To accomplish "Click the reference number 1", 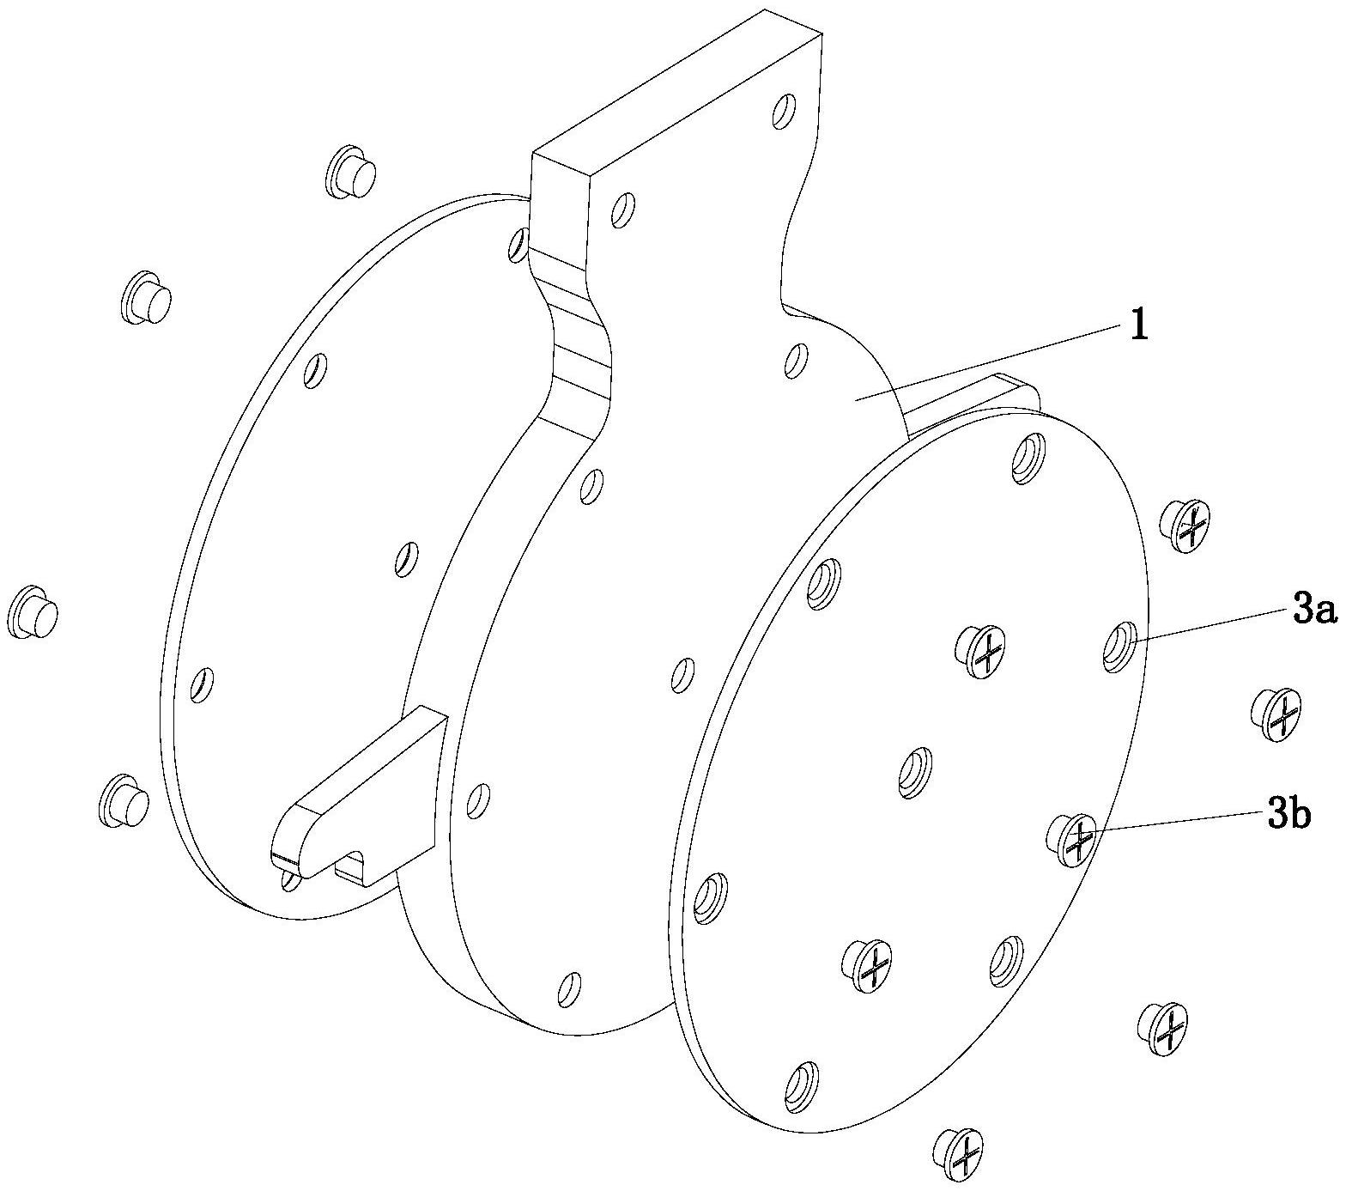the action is (x=1138, y=326).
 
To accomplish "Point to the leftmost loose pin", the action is (x=35, y=612).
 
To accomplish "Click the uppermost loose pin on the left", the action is (x=352, y=171).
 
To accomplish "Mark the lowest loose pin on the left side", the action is (x=125, y=799).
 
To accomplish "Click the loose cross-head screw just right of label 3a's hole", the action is (x=1276, y=713).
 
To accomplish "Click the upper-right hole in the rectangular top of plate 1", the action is (x=783, y=112).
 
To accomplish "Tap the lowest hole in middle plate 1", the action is (x=568, y=989).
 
